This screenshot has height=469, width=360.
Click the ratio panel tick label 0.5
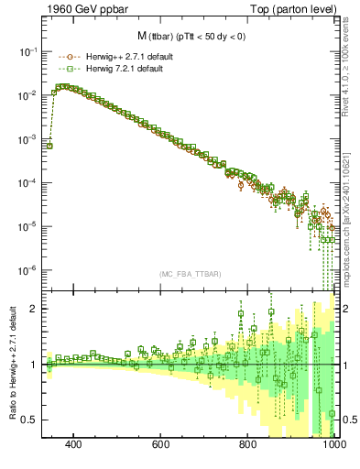click(28, 420)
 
